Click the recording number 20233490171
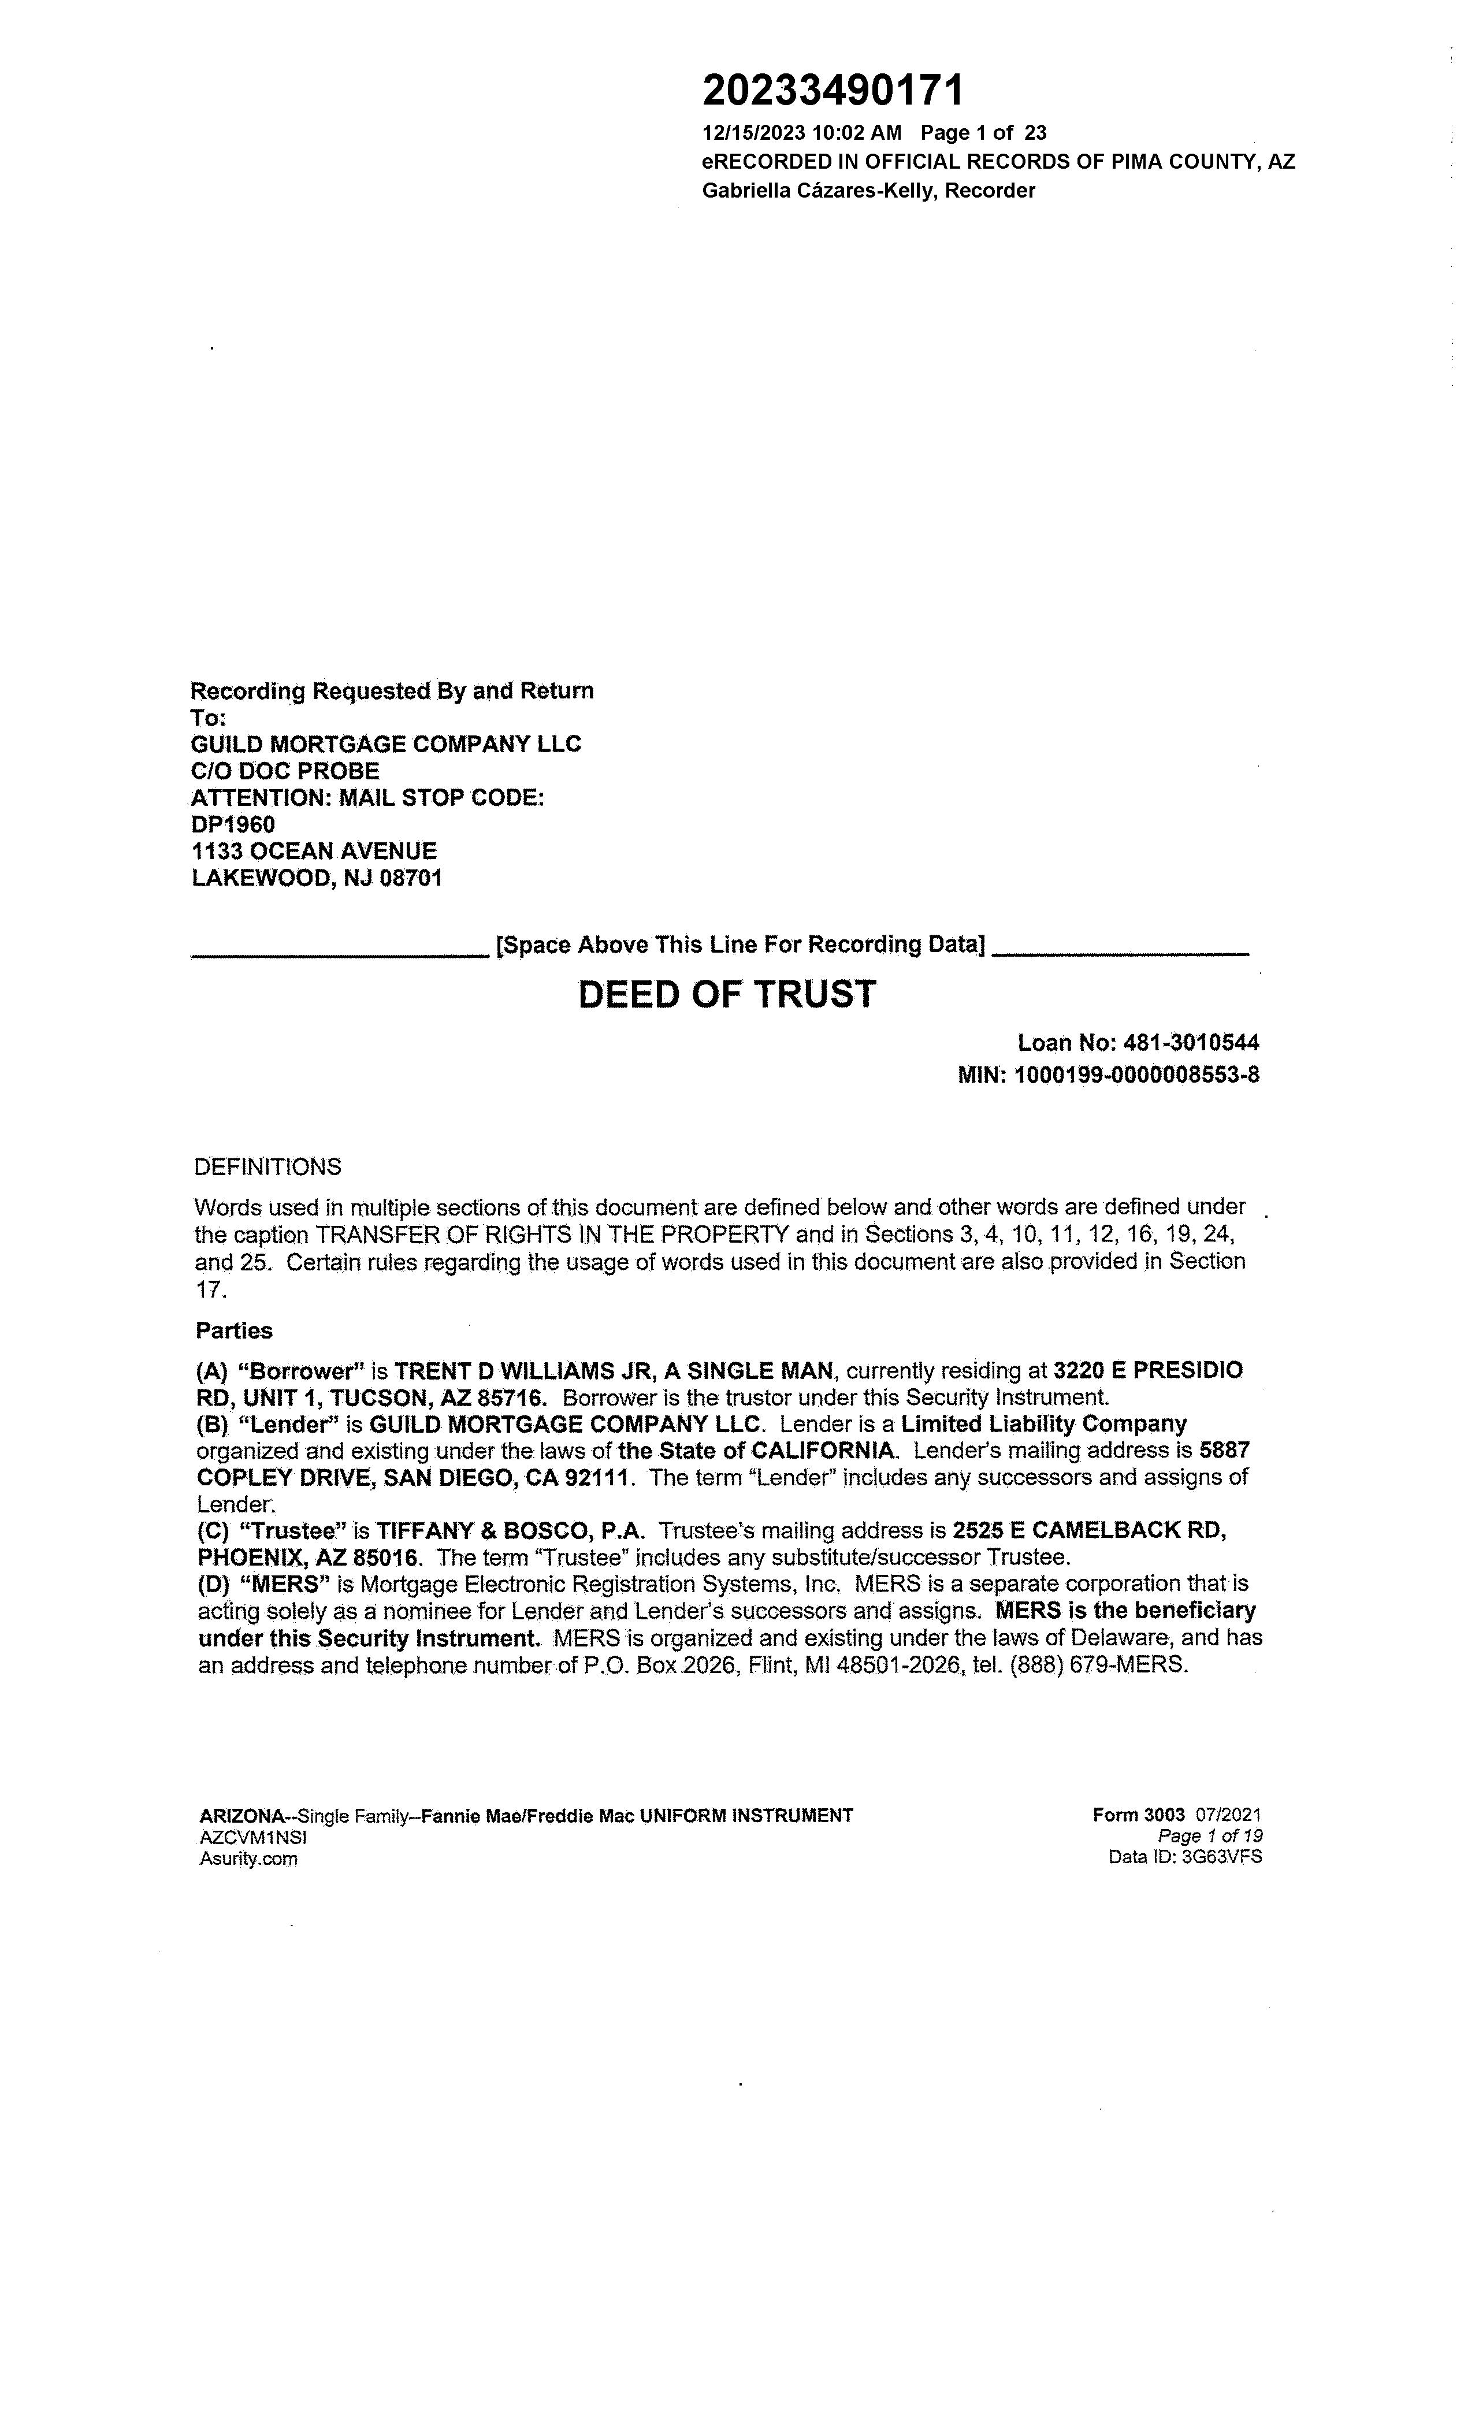832,91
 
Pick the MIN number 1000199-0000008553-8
1136,1075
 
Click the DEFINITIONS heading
267,1167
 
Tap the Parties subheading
234,1331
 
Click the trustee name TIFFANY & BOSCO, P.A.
510,1530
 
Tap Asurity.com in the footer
248,1858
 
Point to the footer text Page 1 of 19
1210,1836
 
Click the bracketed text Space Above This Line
740,944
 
